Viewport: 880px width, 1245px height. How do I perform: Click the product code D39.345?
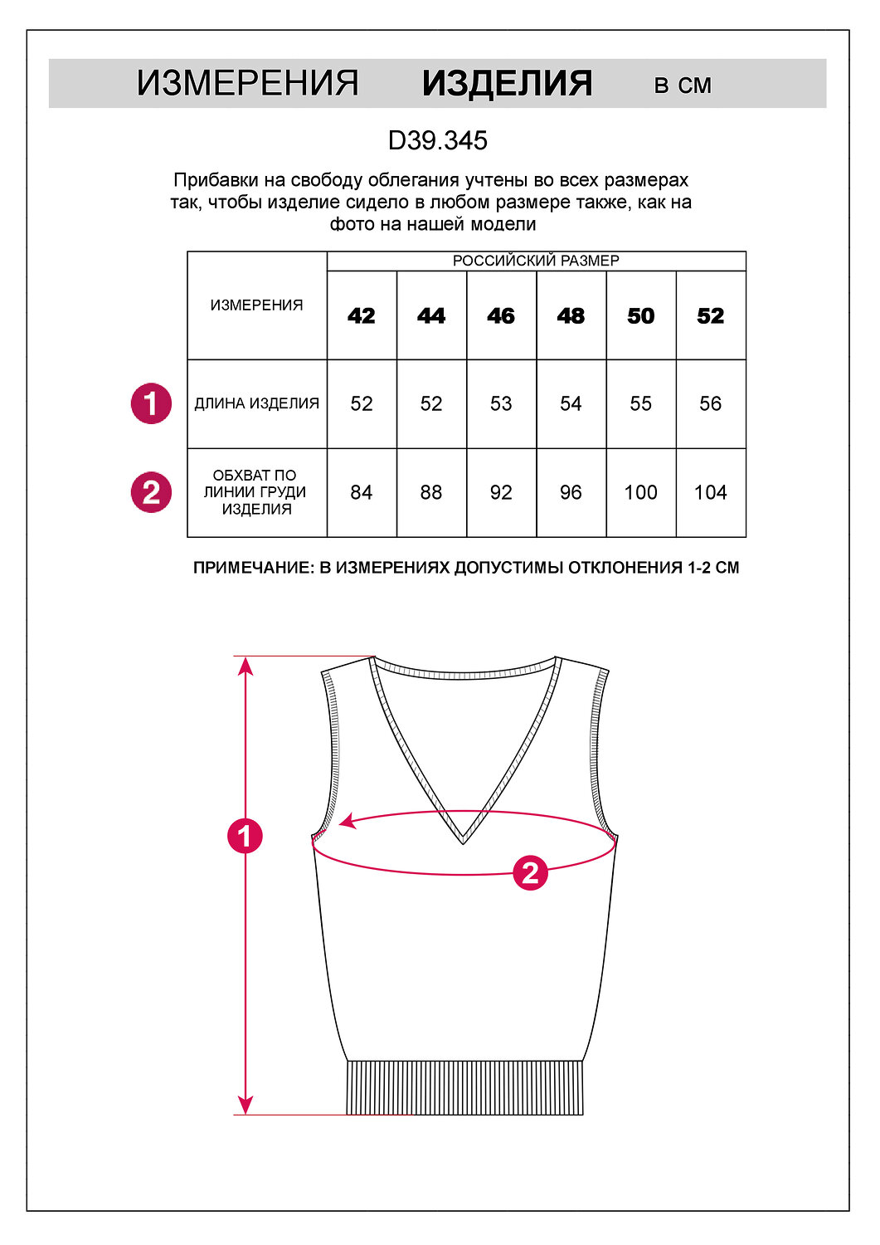coord(437,140)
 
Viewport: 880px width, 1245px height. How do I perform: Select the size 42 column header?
coord(362,316)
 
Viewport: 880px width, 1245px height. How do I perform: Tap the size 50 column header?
coord(640,316)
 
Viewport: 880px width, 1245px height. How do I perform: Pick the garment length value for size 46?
coord(501,404)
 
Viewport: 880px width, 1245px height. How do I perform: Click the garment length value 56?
coord(710,404)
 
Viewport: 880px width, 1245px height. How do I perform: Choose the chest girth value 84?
coord(362,493)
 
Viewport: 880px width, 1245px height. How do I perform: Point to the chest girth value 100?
coord(640,493)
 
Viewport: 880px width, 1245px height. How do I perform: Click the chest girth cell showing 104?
coord(710,493)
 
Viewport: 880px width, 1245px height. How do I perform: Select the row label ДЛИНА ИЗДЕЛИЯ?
coord(257,404)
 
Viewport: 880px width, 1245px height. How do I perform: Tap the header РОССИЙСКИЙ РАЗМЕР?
coord(536,261)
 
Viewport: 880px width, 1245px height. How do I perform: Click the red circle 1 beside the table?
coord(151,404)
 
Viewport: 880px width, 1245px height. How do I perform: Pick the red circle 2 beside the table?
coord(151,493)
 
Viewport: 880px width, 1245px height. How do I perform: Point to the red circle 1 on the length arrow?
coord(245,836)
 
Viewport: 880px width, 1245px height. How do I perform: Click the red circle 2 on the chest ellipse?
coord(530,873)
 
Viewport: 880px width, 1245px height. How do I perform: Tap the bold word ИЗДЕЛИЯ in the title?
coord(507,84)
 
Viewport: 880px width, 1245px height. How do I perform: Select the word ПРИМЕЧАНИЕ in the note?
coord(250,568)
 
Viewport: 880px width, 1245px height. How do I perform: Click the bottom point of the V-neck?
coord(463,842)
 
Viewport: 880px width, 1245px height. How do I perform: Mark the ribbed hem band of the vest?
coord(464,1087)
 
